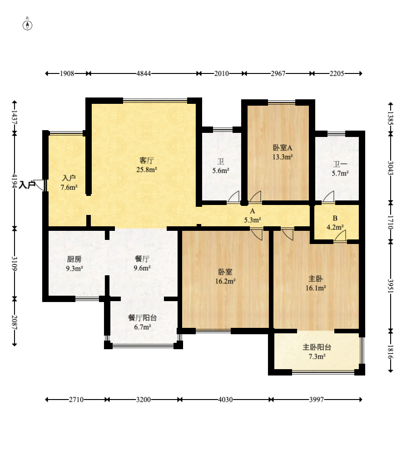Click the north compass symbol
[28, 25]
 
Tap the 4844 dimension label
[144, 73]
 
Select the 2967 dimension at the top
[278, 73]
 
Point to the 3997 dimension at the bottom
[316, 400]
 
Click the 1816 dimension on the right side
[390, 352]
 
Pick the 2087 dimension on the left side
[15, 322]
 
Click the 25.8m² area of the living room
[147, 170]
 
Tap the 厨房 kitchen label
[74, 259]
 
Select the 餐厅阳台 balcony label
[142, 317]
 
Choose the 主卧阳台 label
[317, 347]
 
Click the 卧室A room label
[283, 148]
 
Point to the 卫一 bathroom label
[340, 165]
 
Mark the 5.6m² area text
[221, 171]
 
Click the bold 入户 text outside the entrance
[27, 185]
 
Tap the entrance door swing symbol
[40, 185]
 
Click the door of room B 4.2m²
[340, 236]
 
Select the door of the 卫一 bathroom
[328, 196]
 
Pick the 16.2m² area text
[225, 281]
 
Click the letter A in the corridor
[252, 211]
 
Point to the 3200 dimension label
[143, 400]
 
